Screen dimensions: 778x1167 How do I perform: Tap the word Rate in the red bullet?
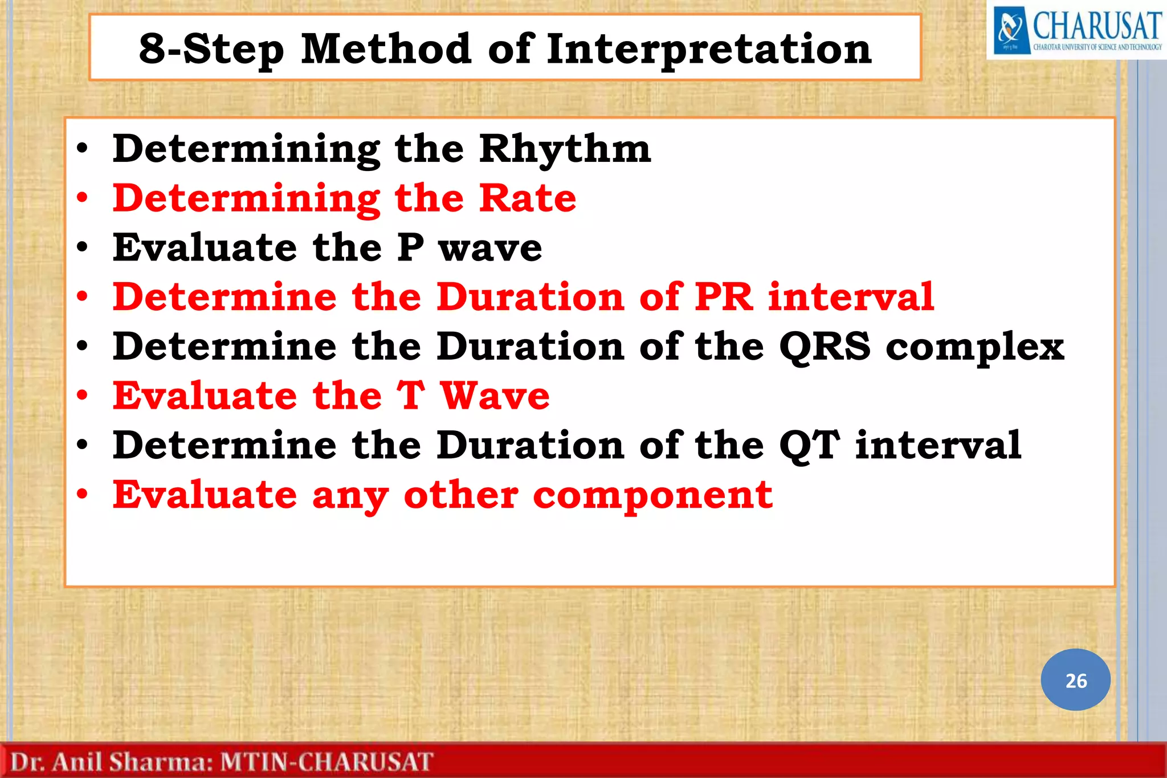[527, 198]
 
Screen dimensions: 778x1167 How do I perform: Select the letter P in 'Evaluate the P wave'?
[410, 248]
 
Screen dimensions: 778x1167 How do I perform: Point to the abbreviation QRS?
[825, 347]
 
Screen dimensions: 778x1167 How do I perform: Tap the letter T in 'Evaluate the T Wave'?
[411, 396]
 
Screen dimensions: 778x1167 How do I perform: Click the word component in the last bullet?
[652, 495]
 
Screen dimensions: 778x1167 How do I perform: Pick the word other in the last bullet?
[461, 495]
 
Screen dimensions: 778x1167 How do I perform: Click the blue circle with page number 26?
[1075, 680]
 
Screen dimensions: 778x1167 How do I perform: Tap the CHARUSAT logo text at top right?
[1097, 26]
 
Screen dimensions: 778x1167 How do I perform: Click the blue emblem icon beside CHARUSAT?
[1010, 30]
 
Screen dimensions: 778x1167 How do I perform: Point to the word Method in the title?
[386, 48]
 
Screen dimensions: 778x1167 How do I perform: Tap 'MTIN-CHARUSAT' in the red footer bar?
[327, 762]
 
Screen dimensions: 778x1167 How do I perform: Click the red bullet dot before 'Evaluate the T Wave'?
[83, 395]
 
